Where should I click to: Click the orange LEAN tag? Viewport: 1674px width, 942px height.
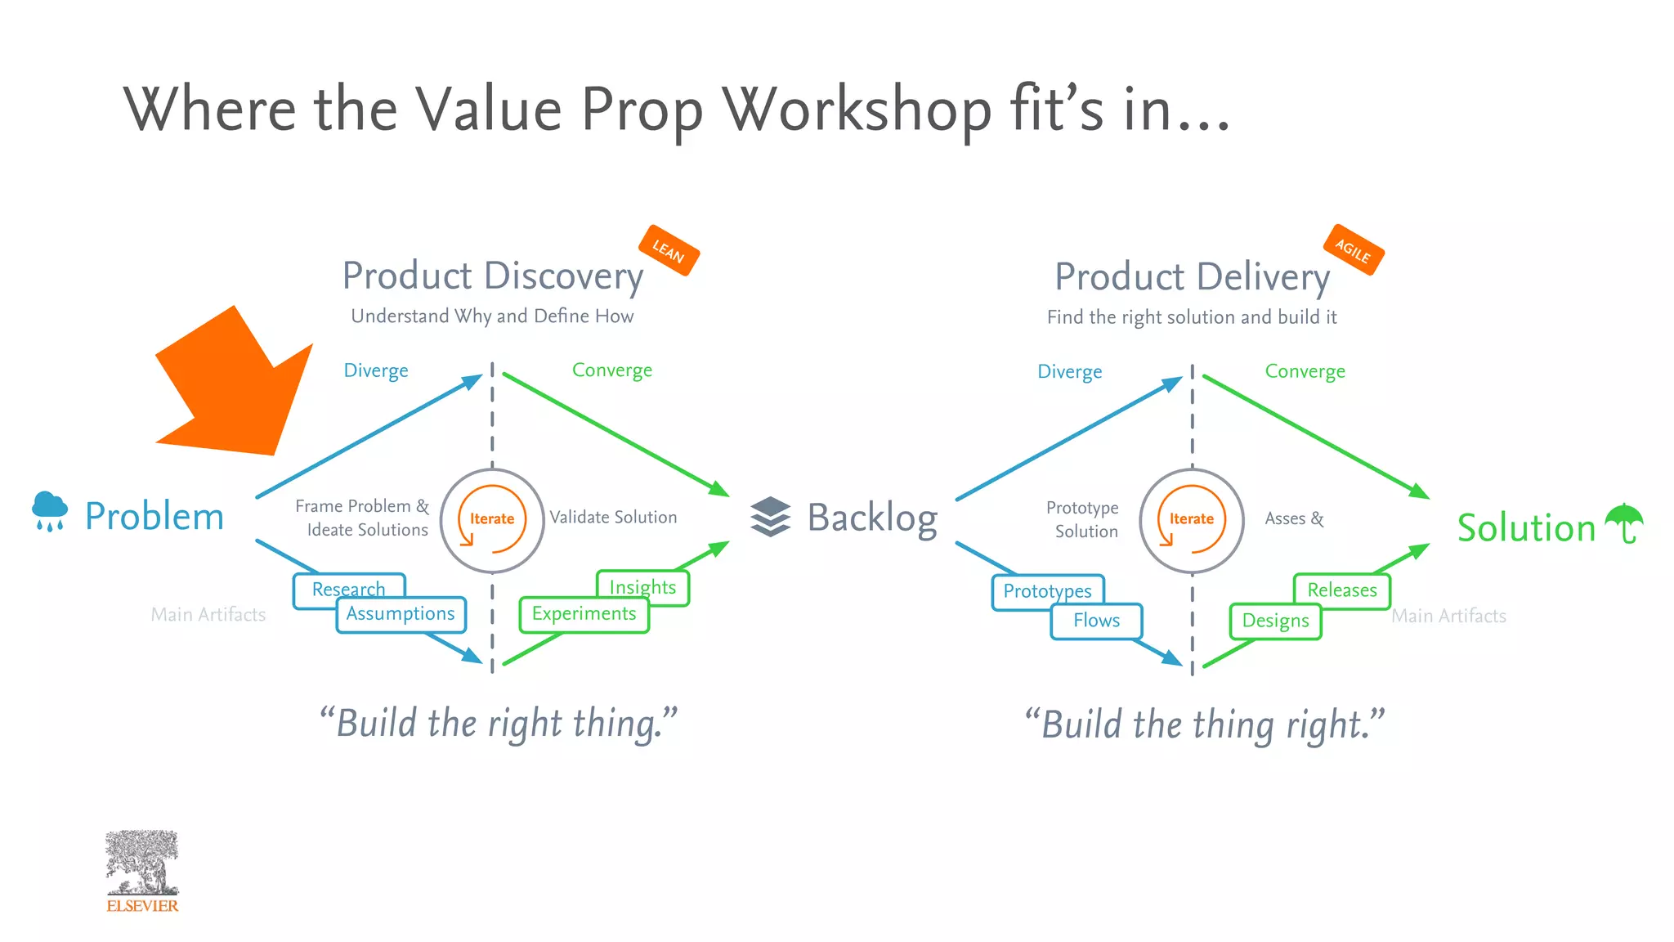tap(668, 250)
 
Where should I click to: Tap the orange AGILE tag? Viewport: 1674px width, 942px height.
tap(1353, 249)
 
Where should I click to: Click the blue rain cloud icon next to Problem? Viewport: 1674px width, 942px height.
tap(50, 511)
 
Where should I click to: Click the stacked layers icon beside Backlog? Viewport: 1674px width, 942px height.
tap(770, 517)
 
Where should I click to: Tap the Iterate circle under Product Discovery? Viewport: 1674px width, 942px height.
tap(492, 520)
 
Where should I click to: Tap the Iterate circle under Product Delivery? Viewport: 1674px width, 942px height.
tap(1192, 520)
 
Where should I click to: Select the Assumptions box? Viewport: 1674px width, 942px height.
tap(401, 615)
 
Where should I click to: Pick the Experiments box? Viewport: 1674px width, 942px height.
tap(584, 615)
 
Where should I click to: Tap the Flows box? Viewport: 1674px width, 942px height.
tap(1096, 621)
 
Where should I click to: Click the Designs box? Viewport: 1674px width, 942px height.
tap(1275, 621)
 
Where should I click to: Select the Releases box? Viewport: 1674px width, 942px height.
tap(1342, 590)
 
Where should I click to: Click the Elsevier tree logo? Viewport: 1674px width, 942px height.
tap(142, 865)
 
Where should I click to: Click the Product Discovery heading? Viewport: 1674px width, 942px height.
tap(493, 276)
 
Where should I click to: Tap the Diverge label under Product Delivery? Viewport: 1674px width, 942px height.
tap(1069, 372)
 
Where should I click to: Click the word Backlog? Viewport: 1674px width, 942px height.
tap(872, 518)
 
